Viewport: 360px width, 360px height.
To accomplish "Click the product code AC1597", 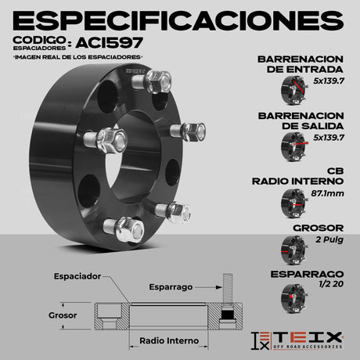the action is pos(110,43).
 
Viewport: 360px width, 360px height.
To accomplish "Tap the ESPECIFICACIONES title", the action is pos(178,20).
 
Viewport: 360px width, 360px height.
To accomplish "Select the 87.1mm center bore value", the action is pos(327,193).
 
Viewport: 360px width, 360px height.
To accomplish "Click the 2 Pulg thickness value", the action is pos(329,239).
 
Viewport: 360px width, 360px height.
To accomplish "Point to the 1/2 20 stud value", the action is pos(331,283).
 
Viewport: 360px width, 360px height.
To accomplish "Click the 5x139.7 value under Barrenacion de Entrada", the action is pos(329,81).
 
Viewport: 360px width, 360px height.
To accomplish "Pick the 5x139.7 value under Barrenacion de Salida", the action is pos(329,138).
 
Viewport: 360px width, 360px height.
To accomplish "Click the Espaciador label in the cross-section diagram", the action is pos(77,276).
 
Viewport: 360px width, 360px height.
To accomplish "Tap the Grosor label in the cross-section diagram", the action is pos(63,315).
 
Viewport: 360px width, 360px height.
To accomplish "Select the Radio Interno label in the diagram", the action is pos(169,340).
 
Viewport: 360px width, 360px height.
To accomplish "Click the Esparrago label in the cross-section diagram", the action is pos(171,287).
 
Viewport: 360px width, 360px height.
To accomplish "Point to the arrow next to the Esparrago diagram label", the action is pos(208,287).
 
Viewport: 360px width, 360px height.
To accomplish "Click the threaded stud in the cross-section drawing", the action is pos(228,289).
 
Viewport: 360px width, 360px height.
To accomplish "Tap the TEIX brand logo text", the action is pos(307,337).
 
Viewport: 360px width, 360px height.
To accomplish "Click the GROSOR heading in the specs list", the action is pos(319,228).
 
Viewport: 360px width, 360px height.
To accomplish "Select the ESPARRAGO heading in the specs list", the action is pos(307,274).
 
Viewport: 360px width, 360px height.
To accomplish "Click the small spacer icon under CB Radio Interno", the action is pos(294,203).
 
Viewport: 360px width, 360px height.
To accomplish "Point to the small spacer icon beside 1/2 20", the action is pos(294,298).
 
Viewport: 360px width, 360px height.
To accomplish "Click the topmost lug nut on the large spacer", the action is pos(157,81).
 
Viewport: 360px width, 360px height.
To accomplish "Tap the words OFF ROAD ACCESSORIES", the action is pos(308,347).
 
